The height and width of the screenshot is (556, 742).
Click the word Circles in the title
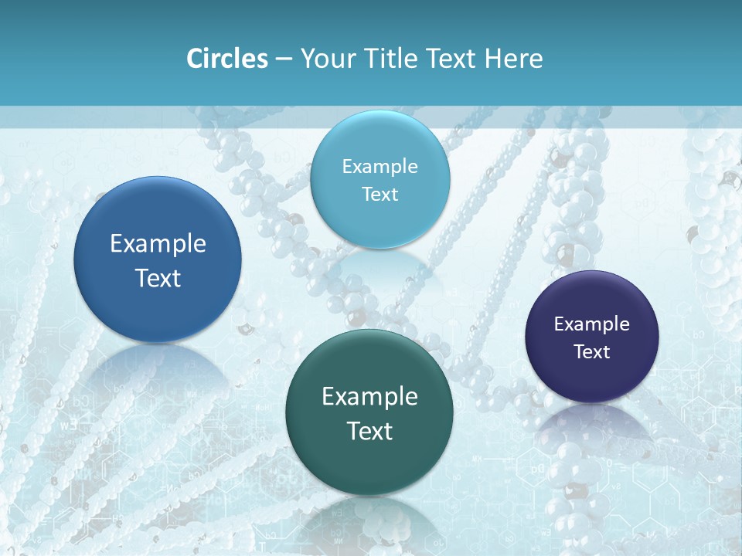point(227,59)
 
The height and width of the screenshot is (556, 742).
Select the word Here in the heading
point(515,59)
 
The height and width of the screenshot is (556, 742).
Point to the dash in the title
point(284,59)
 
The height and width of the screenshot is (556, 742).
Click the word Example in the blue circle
point(158,244)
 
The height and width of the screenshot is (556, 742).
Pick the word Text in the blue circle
point(158,278)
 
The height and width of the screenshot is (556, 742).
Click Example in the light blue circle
point(380,167)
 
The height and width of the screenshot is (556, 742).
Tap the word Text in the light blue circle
point(380,195)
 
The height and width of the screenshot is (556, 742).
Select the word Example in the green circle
point(369,397)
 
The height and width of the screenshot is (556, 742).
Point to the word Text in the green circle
point(369,431)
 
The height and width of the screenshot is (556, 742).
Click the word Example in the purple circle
point(592,324)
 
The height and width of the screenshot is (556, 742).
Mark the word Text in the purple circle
point(592,352)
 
